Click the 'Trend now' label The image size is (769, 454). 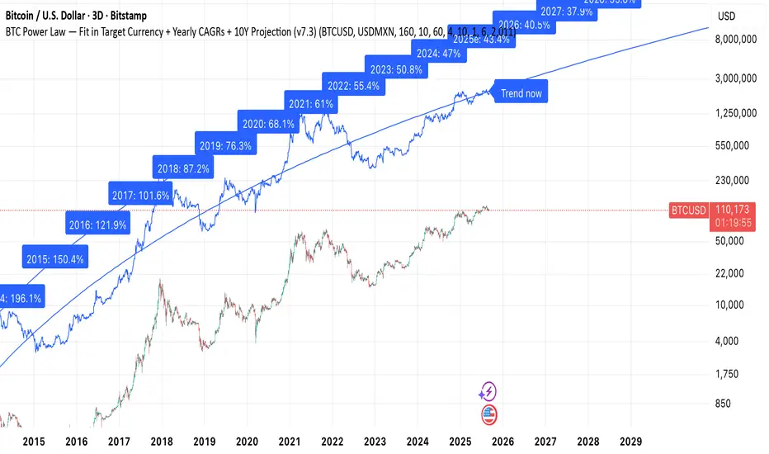click(x=521, y=93)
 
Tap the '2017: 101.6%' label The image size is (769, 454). click(x=139, y=196)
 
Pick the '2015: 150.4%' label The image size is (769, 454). click(x=55, y=259)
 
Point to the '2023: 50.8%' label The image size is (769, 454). click(x=395, y=70)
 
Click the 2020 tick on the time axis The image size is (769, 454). click(x=247, y=442)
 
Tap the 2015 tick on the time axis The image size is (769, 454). click(x=34, y=442)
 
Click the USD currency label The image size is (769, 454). click(x=727, y=17)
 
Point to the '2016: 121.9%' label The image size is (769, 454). click(x=97, y=225)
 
